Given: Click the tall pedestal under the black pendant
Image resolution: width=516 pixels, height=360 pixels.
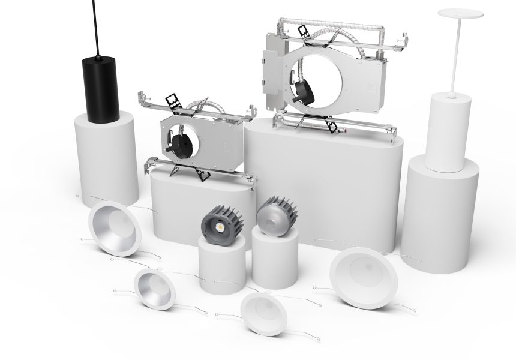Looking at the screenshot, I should pos(106,156).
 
